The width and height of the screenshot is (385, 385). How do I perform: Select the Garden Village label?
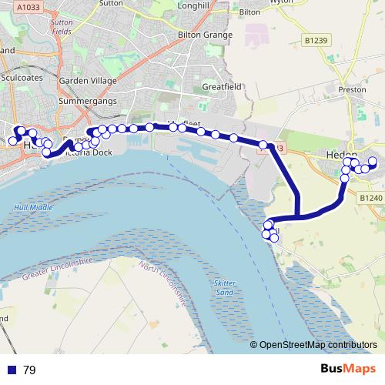[88, 81]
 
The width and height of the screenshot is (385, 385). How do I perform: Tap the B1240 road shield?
[371, 198]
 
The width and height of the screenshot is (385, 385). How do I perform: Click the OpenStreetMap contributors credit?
[318, 345]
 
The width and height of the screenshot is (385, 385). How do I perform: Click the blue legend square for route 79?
[11, 370]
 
